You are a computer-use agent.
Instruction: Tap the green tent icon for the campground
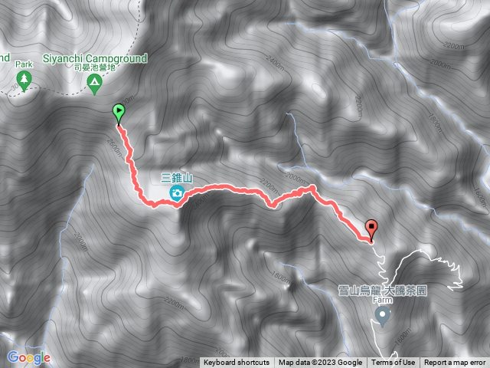click(94, 82)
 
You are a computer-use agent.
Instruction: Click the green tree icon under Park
click(23, 80)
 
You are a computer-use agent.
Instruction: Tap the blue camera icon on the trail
click(177, 193)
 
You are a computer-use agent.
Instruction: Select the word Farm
click(382, 300)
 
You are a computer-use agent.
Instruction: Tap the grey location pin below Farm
click(382, 314)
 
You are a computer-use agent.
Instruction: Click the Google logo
click(28, 357)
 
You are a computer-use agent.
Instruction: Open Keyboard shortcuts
click(236, 363)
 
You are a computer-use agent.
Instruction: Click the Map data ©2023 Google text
click(320, 363)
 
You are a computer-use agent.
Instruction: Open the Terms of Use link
click(393, 363)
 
